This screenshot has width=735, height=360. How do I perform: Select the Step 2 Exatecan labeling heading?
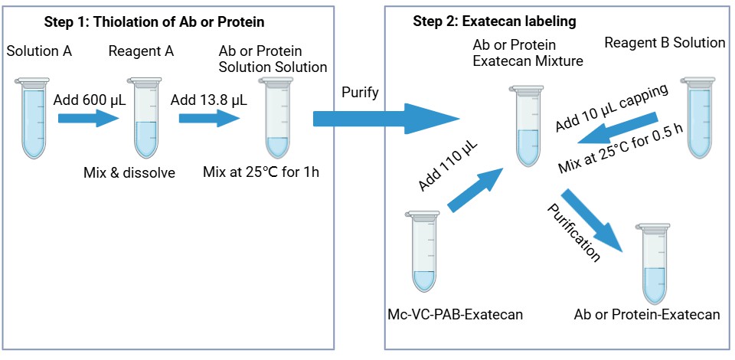click(495, 21)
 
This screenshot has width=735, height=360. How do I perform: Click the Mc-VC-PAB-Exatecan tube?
click(426, 253)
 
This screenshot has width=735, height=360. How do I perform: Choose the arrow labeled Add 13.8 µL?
click(209, 119)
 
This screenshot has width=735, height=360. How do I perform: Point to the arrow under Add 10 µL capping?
click(616, 129)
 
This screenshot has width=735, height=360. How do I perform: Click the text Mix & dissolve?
click(129, 172)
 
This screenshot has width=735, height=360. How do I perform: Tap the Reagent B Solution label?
click(665, 43)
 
